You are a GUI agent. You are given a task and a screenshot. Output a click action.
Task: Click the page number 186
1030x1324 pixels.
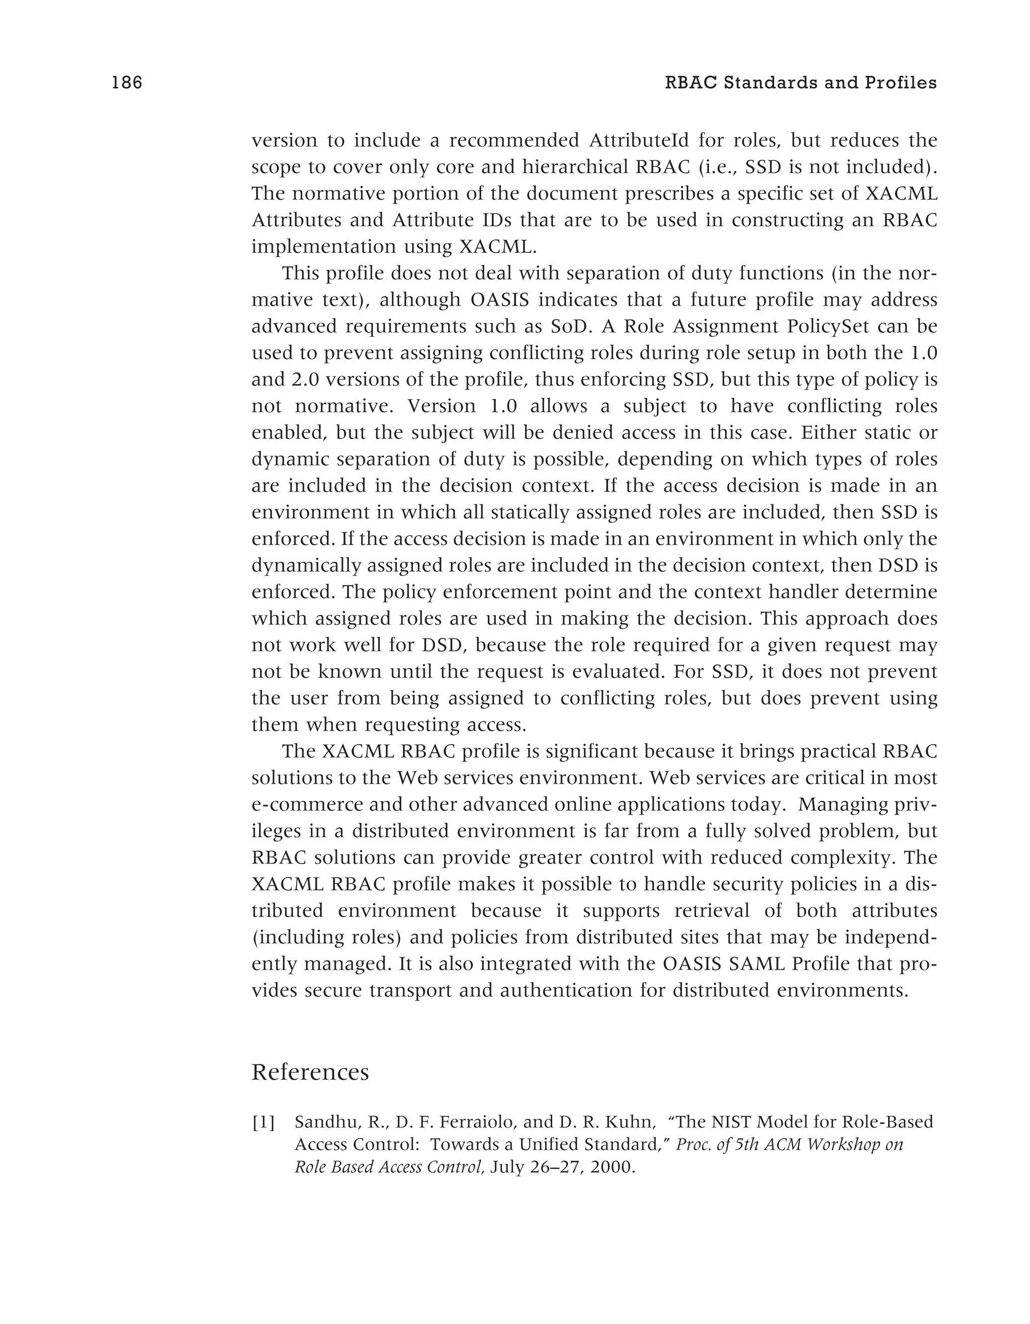pyautogui.click(x=127, y=82)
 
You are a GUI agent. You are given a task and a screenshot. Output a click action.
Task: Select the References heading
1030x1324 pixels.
pyautogui.click(x=310, y=1071)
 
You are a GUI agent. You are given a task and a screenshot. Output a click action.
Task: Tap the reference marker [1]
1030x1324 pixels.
pyautogui.click(x=263, y=1122)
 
